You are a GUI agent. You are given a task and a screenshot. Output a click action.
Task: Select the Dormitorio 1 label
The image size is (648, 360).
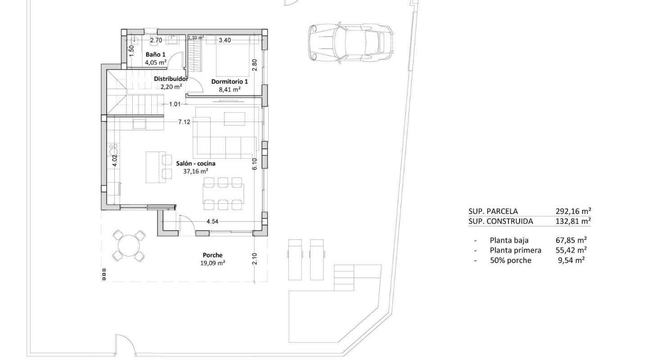coord(229,81)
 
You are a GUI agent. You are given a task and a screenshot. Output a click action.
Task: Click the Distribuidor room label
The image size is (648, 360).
coord(171,78)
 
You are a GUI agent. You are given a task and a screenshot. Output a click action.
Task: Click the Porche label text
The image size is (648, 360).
coord(212,255)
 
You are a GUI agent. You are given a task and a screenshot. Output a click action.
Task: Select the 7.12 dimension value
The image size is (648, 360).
coord(184,121)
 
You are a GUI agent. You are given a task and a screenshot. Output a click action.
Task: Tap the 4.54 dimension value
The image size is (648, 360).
coord(212,221)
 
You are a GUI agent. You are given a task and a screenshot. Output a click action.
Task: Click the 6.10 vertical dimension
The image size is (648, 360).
coord(255,164)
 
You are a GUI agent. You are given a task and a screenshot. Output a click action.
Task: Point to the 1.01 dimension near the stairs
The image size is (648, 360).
coord(175,104)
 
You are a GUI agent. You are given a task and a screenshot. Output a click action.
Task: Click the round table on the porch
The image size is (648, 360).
coord(129,245)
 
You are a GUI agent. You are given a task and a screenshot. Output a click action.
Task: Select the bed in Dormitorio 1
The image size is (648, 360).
coord(233,58)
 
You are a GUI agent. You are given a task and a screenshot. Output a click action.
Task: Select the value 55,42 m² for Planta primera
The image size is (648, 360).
coord(571,250)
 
